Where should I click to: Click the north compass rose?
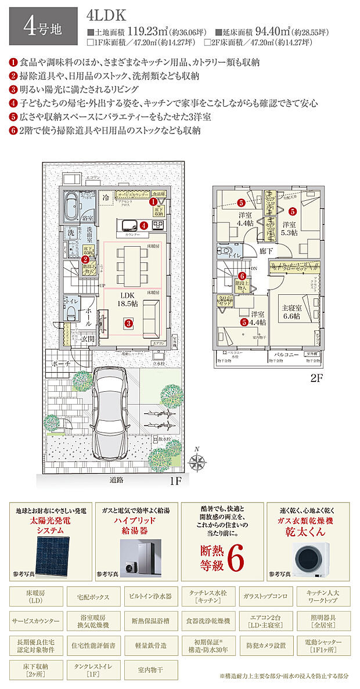click(x=199, y=461)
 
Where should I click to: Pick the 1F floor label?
click(x=176, y=481)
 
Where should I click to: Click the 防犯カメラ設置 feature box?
click(x=266, y=645)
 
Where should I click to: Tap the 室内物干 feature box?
click(x=149, y=669)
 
